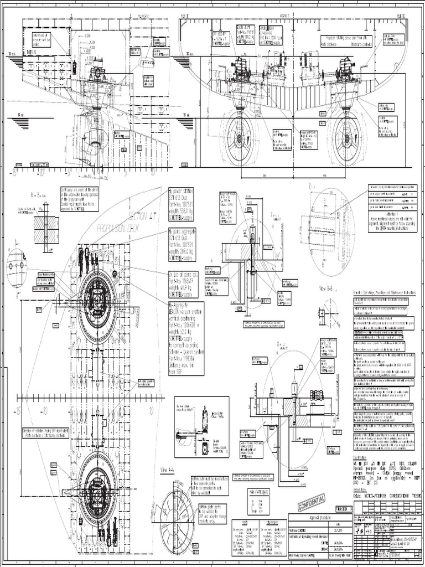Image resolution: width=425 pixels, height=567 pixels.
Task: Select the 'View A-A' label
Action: tap(167, 470)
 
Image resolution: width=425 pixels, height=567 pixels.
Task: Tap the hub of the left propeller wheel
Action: tap(240, 140)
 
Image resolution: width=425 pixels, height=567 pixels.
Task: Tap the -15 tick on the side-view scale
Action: tap(13, 173)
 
